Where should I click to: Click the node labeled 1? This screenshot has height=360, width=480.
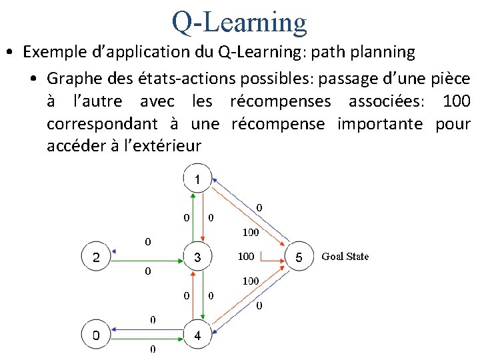point(197,179)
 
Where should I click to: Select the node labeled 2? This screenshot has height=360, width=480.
point(96,257)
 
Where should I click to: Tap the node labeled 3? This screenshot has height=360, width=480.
point(197,257)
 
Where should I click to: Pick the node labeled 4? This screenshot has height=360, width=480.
point(197,335)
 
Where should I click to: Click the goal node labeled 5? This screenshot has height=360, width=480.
point(299,257)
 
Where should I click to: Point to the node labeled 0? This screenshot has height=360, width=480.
point(96,335)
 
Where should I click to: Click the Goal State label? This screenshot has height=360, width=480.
point(345,257)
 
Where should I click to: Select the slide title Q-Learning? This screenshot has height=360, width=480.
point(239,21)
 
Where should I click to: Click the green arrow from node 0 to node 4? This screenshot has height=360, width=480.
point(147,341)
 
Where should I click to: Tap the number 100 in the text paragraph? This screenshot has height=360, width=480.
point(456,101)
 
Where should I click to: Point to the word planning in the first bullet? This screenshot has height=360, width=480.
point(384,51)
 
